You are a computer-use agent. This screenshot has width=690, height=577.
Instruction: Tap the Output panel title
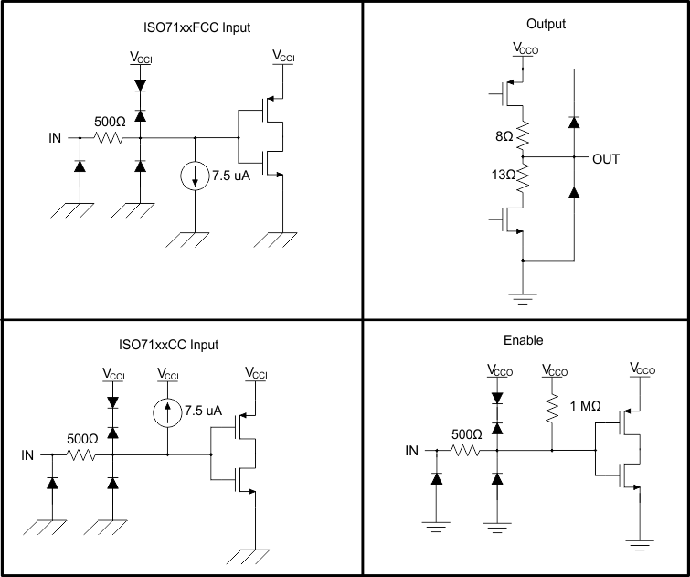click(x=547, y=24)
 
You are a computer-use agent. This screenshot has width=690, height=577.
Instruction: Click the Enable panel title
click(x=524, y=340)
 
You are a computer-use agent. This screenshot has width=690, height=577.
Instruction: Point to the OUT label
click(x=605, y=159)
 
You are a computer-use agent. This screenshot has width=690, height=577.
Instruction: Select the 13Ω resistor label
click(x=503, y=174)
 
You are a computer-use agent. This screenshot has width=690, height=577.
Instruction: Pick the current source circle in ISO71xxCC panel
click(x=168, y=411)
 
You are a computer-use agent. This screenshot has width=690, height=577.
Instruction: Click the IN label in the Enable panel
click(x=412, y=451)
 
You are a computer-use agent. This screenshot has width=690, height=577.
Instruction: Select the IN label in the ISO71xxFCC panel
click(x=56, y=139)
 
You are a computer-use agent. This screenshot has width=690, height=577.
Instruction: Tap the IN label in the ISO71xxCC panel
click(x=28, y=454)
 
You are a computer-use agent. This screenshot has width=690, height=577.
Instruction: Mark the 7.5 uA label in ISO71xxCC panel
click(x=203, y=411)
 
